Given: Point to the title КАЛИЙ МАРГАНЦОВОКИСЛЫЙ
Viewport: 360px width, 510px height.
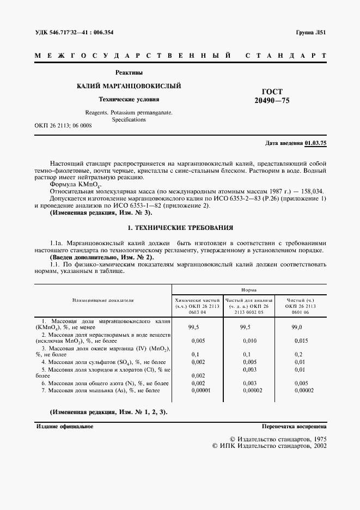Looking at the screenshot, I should click(129, 86).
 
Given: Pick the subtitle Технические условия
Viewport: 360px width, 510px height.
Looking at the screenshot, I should click(129, 99).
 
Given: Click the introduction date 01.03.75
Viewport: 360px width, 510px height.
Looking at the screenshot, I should click(315, 143).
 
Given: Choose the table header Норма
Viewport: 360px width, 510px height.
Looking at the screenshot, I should click(249, 291).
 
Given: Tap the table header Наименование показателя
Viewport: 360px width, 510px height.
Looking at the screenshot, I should click(103, 300).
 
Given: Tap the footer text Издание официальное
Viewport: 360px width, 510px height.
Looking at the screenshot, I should click(65, 427).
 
